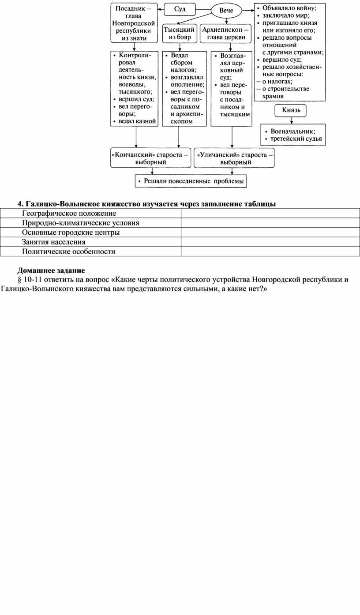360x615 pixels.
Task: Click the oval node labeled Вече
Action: click(x=227, y=10)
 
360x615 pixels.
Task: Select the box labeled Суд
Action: click(x=180, y=9)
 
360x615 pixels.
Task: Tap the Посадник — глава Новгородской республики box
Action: click(x=134, y=23)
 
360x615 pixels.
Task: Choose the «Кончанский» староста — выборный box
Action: click(x=150, y=158)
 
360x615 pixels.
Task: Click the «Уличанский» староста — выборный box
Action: click(x=234, y=158)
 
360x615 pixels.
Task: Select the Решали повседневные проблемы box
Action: click(x=191, y=181)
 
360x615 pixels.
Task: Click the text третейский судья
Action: click(x=296, y=139)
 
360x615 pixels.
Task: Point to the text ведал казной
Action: click(x=137, y=121)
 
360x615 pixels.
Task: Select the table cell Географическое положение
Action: click(x=69, y=213)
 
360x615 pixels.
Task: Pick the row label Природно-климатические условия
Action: click(x=81, y=223)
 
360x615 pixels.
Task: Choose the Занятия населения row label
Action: click(x=54, y=242)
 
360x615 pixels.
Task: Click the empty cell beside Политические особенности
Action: click(x=270, y=252)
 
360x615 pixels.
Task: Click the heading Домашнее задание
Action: click(x=51, y=270)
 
